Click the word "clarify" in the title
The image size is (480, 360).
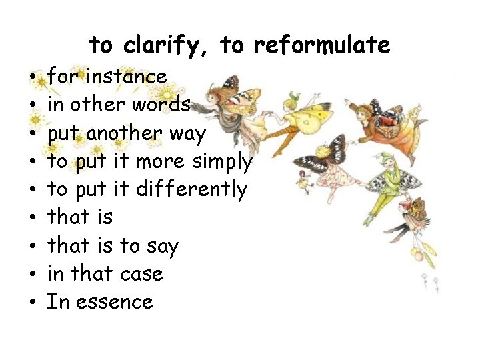(165, 46)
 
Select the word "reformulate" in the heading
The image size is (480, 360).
(321, 45)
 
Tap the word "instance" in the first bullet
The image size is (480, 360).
(125, 77)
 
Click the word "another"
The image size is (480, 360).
(124, 133)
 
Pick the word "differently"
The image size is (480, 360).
(191, 189)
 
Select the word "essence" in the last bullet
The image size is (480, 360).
(115, 302)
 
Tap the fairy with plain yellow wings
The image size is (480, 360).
(297, 117)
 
